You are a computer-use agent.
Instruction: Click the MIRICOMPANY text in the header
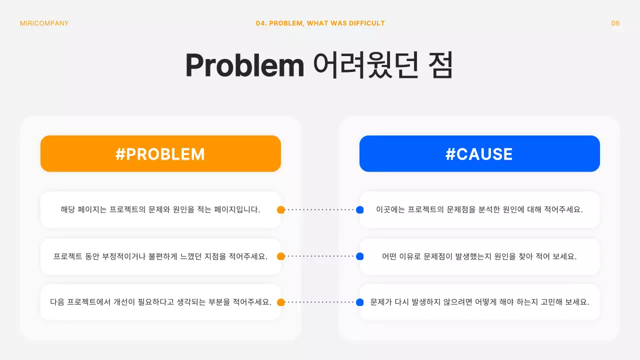pyautogui.click(x=44, y=23)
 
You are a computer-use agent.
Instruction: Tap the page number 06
pyautogui.click(x=615, y=23)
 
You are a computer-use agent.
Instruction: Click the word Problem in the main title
pyautogui.click(x=244, y=65)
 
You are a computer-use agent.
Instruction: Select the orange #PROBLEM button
pyautogui.click(x=160, y=154)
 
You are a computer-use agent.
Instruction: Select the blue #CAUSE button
pyautogui.click(x=479, y=154)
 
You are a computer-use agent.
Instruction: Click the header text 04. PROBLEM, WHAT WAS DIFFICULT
pyautogui.click(x=320, y=23)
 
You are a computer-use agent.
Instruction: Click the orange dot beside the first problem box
pyautogui.click(x=281, y=210)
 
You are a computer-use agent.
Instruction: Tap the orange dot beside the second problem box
pyautogui.click(x=281, y=256)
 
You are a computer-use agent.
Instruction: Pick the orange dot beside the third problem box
pyautogui.click(x=281, y=302)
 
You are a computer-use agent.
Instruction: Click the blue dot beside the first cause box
pyautogui.click(x=359, y=210)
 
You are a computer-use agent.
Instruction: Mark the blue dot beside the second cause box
pyautogui.click(x=359, y=256)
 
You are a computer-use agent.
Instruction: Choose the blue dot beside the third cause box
pyautogui.click(x=359, y=302)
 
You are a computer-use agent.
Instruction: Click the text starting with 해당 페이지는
pyautogui.click(x=160, y=210)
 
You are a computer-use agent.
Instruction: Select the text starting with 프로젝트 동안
pyautogui.click(x=160, y=256)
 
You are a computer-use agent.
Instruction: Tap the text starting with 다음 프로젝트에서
pyautogui.click(x=160, y=302)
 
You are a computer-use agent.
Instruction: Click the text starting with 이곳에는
pyautogui.click(x=479, y=210)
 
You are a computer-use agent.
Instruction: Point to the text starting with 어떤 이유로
pyautogui.click(x=479, y=256)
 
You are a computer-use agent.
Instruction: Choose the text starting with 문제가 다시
pyautogui.click(x=479, y=302)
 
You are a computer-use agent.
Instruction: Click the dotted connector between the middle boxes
pyautogui.click(x=320, y=256)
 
